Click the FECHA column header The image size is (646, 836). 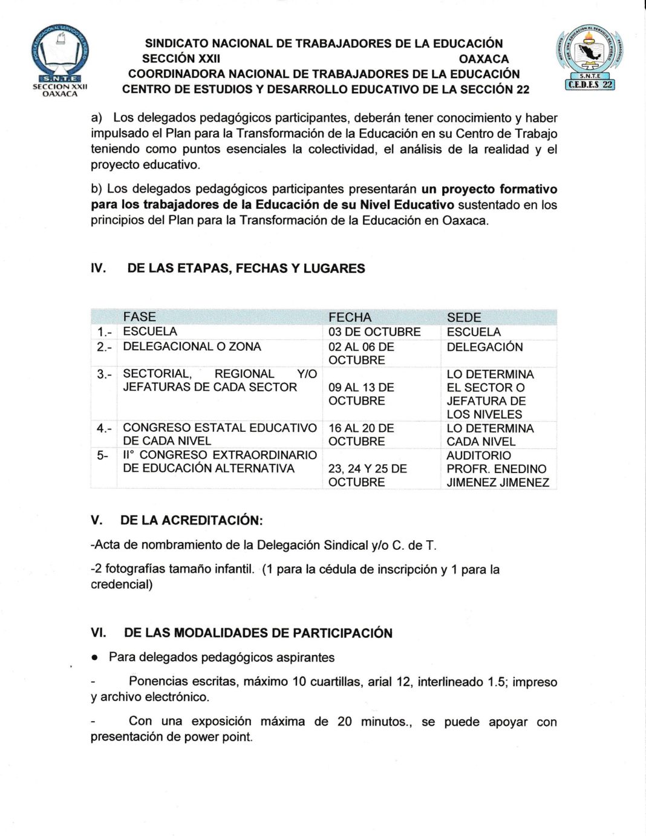[350, 317]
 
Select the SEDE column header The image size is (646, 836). [464, 317]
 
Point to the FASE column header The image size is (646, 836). [139, 316]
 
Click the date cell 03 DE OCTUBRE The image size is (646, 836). [374, 332]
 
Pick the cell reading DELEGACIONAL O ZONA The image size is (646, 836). [192, 347]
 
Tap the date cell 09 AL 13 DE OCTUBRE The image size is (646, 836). [361, 394]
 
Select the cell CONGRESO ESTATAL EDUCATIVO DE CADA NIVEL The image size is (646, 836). [219, 434]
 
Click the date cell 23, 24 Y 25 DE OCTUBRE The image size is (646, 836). [367, 475]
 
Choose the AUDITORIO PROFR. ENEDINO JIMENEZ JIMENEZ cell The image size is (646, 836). [497, 469]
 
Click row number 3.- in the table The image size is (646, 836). [103, 374]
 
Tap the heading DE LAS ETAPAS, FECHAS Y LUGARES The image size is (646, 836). [246, 269]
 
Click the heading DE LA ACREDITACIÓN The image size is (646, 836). [191, 520]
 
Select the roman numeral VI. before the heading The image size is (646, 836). [98, 633]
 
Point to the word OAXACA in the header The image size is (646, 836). [483, 59]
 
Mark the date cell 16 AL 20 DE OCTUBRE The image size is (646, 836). [361, 434]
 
